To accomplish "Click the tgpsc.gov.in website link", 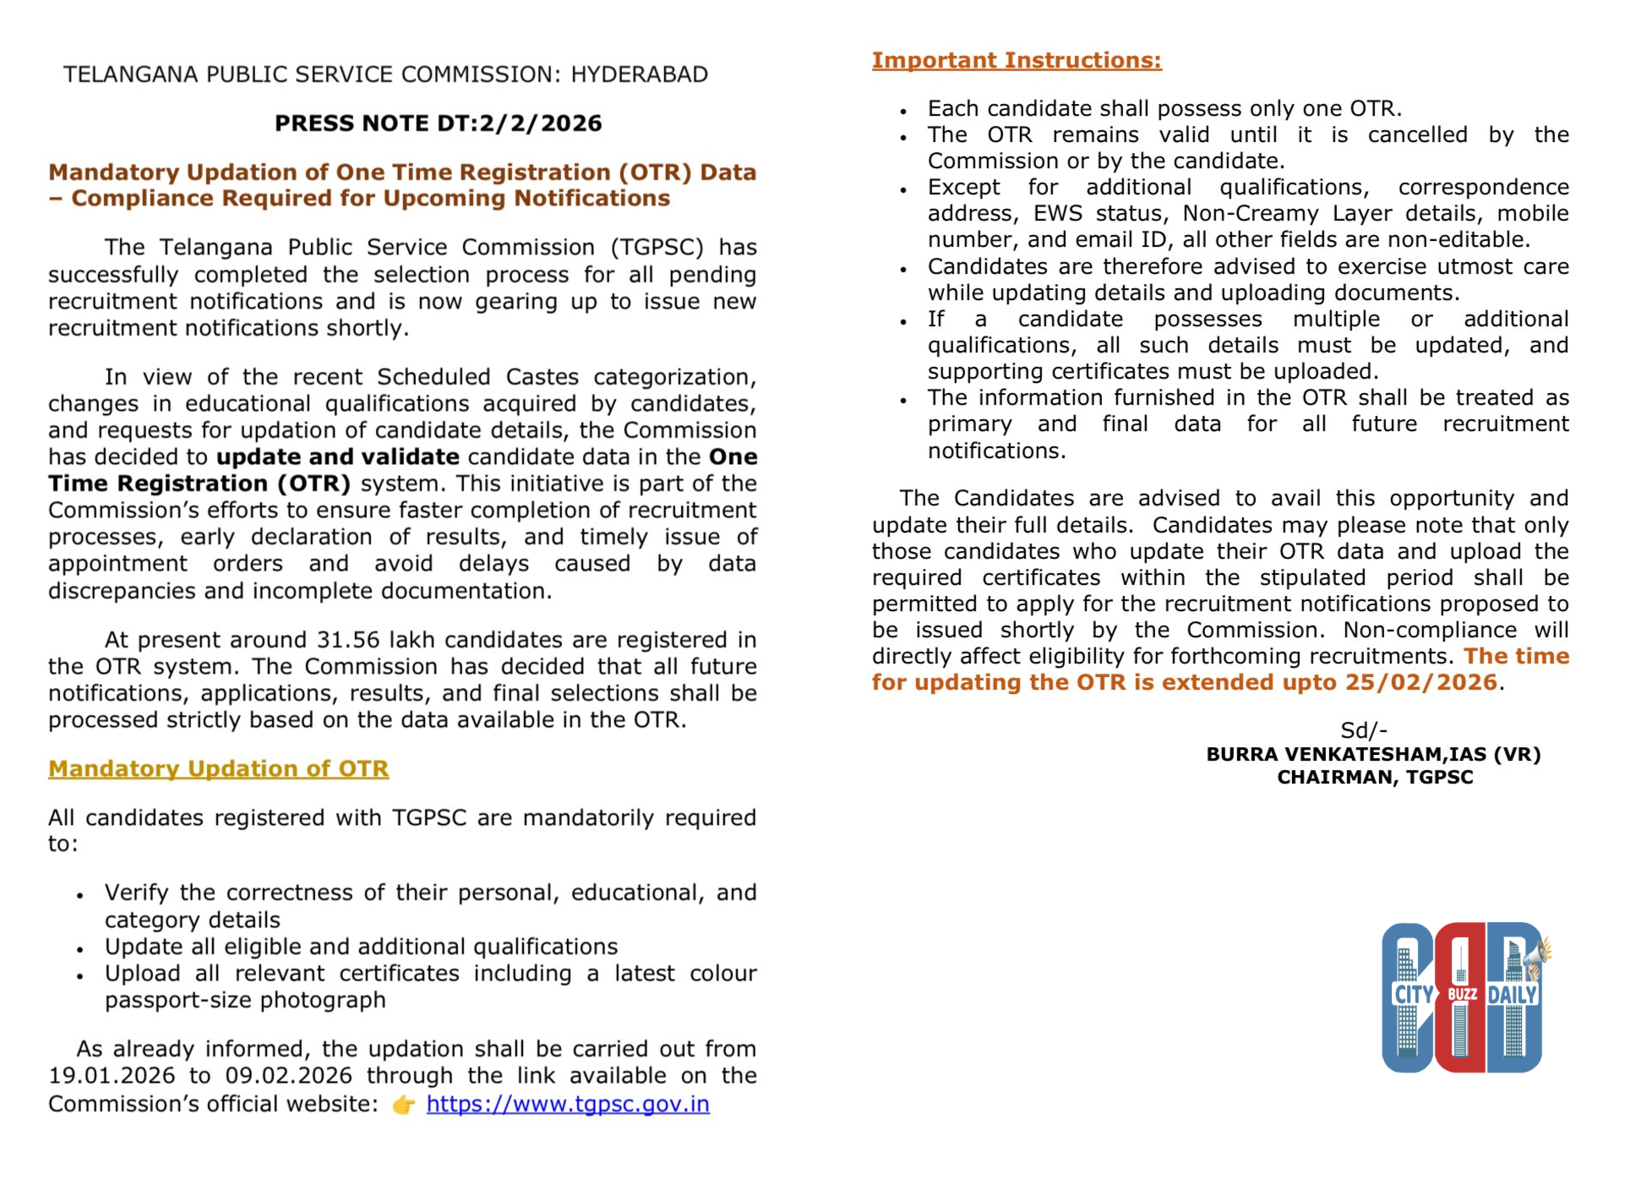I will pyautogui.click(x=567, y=1104).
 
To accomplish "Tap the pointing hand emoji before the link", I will pyautogui.click(x=404, y=1105).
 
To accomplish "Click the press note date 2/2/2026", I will pyautogui.click(x=540, y=123).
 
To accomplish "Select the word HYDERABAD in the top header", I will pyautogui.click(x=639, y=74).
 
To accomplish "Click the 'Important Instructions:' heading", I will pyautogui.click(x=1017, y=61).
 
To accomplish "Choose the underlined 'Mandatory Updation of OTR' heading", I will pyautogui.click(x=218, y=768).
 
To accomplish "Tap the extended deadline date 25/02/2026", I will pyautogui.click(x=1421, y=682).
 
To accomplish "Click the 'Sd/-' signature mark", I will pyautogui.click(x=1363, y=730).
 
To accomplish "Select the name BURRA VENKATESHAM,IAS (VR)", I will pyautogui.click(x=1373, y=754).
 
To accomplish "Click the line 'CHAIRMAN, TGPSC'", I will pyautogui.click(x=1375, y=778).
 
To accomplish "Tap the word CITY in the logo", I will pyautogui.click(x=1412, y=994).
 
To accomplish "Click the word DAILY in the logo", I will pyautogui.click(x=1513, y=995).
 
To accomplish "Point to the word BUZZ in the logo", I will pyautogui.click(x=1462, y=995).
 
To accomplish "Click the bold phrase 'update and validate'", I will pyautogui.click(x=338, y=457).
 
